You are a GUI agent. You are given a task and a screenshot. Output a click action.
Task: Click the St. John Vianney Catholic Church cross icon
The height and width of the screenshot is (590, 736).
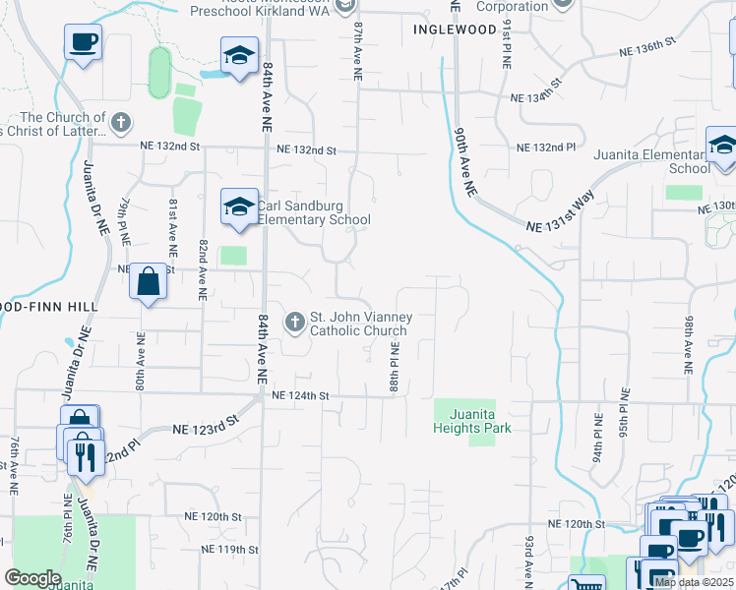[x=294, y=322]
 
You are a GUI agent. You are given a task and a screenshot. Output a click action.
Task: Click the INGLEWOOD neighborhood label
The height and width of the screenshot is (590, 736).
[x=455, y=29]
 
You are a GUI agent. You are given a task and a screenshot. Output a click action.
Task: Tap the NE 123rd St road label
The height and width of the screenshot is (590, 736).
[x=206, y=429]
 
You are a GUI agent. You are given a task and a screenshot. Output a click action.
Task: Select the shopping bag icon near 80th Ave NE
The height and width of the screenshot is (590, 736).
[x=148, y=282]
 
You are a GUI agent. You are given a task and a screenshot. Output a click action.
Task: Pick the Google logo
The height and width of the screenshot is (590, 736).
[x=32, y=578]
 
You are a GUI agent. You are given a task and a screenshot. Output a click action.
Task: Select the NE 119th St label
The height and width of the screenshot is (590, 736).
[x=228, y=549]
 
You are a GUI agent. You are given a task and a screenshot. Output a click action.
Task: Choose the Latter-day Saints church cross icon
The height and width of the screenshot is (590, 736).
[x=120, y=124]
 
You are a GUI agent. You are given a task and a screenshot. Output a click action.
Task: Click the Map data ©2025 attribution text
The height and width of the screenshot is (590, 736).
[x=694, y=582]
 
